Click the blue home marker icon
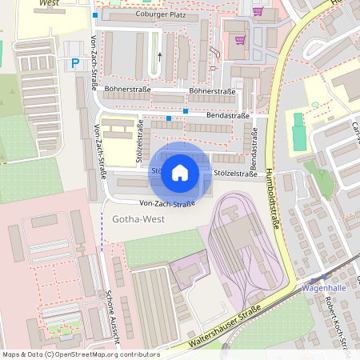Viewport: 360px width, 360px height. click(180, 172)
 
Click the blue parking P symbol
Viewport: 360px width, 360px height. click(76, 63)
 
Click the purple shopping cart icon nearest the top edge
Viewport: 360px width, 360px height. click(258, 11)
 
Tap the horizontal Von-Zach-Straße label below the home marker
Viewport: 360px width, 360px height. click(167, 204)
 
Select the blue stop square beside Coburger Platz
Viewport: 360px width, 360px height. click(95, 15)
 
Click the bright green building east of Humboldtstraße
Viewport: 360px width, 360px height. click(298, 131)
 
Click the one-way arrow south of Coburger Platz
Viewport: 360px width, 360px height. click(159, 56)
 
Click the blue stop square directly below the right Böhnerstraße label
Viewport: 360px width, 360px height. click(186, 110)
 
